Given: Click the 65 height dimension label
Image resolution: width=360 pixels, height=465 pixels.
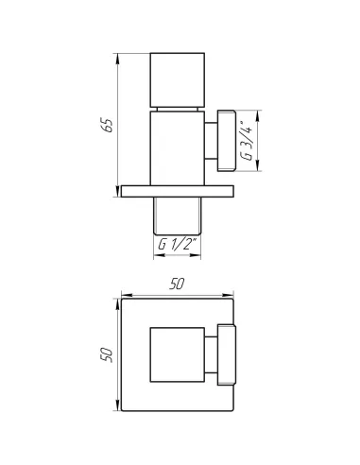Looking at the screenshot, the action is coord(109,126).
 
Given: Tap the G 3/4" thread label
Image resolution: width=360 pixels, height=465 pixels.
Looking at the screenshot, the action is coord(247,140).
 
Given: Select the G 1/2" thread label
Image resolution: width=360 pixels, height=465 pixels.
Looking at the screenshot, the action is coord(178,244).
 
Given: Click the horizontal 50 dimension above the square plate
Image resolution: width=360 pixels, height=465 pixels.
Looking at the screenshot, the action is coord(177,284).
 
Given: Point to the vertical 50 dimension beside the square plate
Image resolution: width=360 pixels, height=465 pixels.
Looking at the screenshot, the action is coord(106,354).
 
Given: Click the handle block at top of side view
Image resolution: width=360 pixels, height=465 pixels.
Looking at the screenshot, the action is coord(178,79).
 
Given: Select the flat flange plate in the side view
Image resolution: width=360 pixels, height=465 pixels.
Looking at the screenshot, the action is coord(178,191).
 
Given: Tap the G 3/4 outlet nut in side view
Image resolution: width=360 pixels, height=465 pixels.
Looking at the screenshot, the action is coord(227,141).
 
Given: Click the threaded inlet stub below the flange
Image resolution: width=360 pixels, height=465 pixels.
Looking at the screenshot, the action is coord(177,216).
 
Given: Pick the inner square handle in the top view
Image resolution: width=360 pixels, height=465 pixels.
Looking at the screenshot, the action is coord(178,354).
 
